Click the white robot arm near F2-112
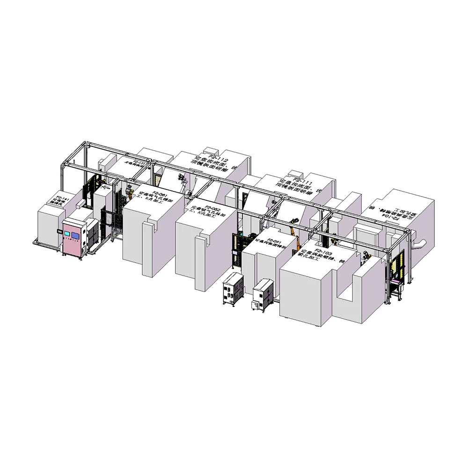[183, 180]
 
